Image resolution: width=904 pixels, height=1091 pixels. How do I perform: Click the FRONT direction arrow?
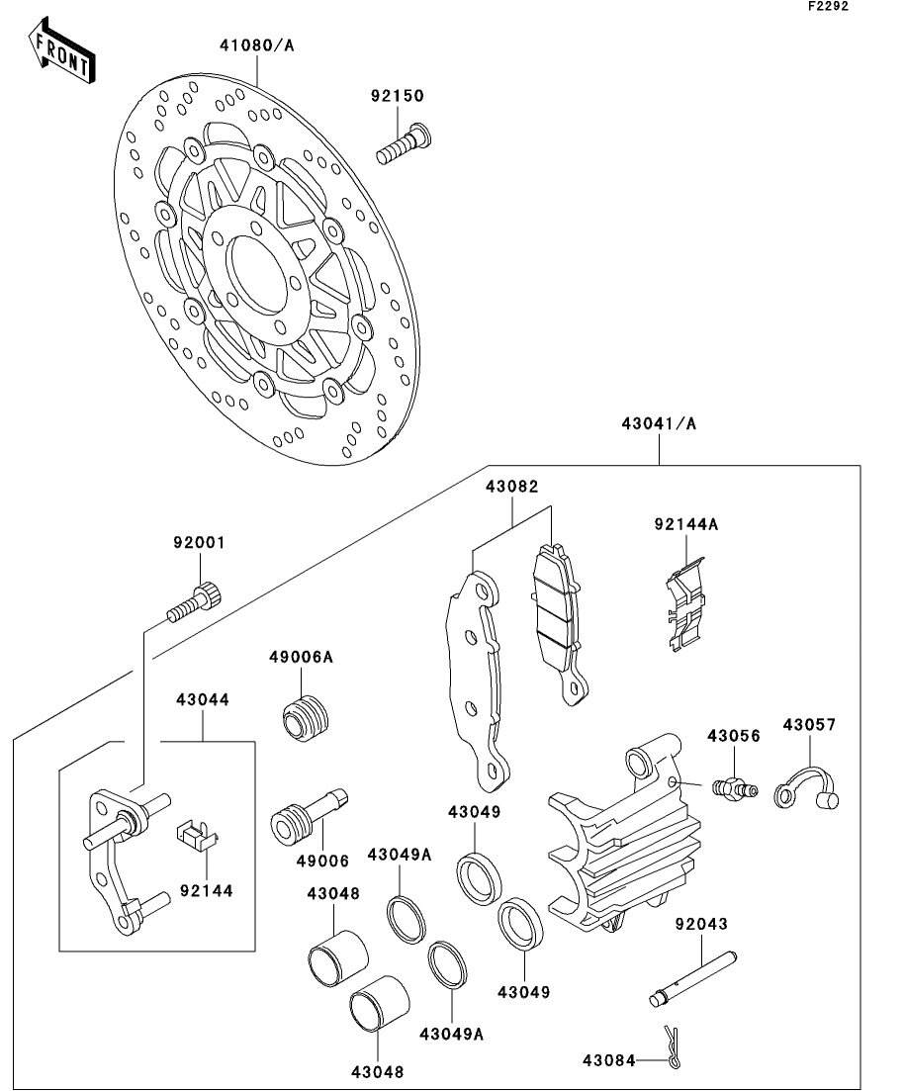61,50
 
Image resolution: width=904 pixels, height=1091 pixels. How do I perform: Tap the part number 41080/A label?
257,45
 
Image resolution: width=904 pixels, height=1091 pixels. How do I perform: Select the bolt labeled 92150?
405,142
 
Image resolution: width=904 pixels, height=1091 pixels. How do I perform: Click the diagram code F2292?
828,6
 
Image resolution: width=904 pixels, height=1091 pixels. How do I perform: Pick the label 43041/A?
659,423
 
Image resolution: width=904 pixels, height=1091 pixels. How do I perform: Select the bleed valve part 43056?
734,788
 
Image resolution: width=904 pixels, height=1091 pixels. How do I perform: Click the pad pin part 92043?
691,979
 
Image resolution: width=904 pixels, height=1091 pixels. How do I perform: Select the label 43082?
512,487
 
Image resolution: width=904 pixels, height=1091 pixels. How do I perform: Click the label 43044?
203,700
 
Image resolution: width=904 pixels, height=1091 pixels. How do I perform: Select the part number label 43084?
609,1060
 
